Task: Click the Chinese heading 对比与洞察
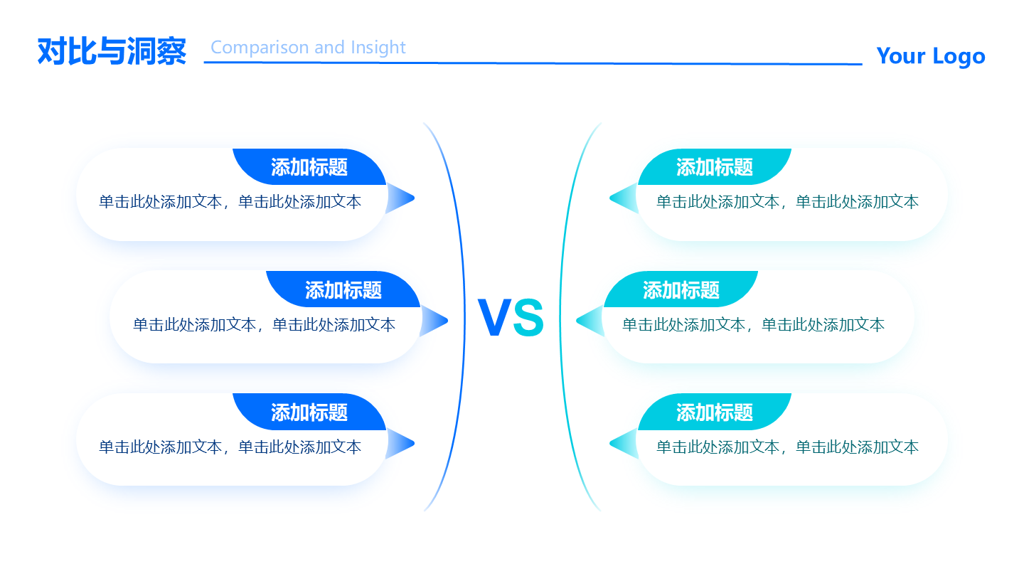coord(112,52)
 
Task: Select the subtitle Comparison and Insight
coord(308,48)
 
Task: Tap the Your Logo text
coord(930,55)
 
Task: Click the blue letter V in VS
coord(494,318)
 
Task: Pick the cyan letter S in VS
coord(528,319)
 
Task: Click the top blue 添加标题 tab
coord(309,168)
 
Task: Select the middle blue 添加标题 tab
coord(343,290)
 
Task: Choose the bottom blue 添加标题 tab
coord(309,412)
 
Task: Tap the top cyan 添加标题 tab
coord(715,168)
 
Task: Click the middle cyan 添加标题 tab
coord(681,290)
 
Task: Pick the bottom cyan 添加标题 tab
coord(715,412)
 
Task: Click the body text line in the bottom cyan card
coord(787,447)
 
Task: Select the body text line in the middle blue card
coord(264,325)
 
